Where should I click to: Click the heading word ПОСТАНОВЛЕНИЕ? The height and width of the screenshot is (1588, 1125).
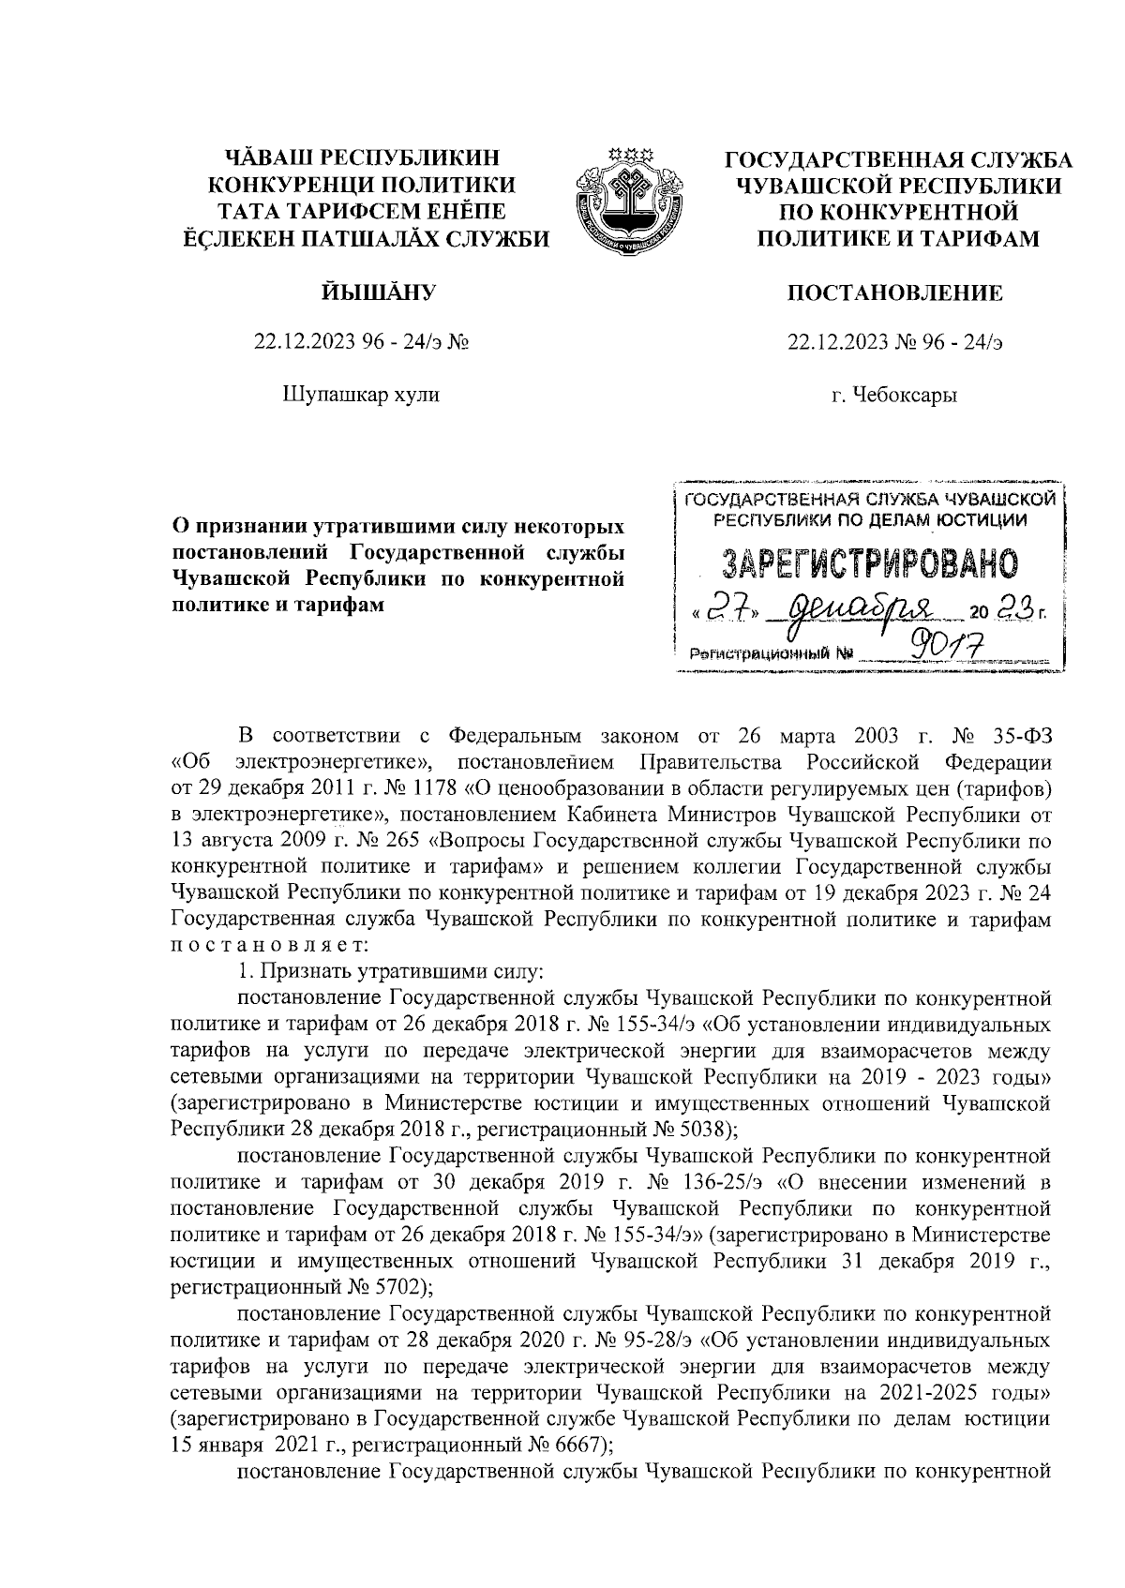pos(895,293)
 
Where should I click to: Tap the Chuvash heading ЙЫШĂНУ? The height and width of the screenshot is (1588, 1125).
pos(361,293)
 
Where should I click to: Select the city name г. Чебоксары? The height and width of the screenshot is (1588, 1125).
pos(895,396)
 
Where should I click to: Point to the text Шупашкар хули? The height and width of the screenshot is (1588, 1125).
pos(361,396)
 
